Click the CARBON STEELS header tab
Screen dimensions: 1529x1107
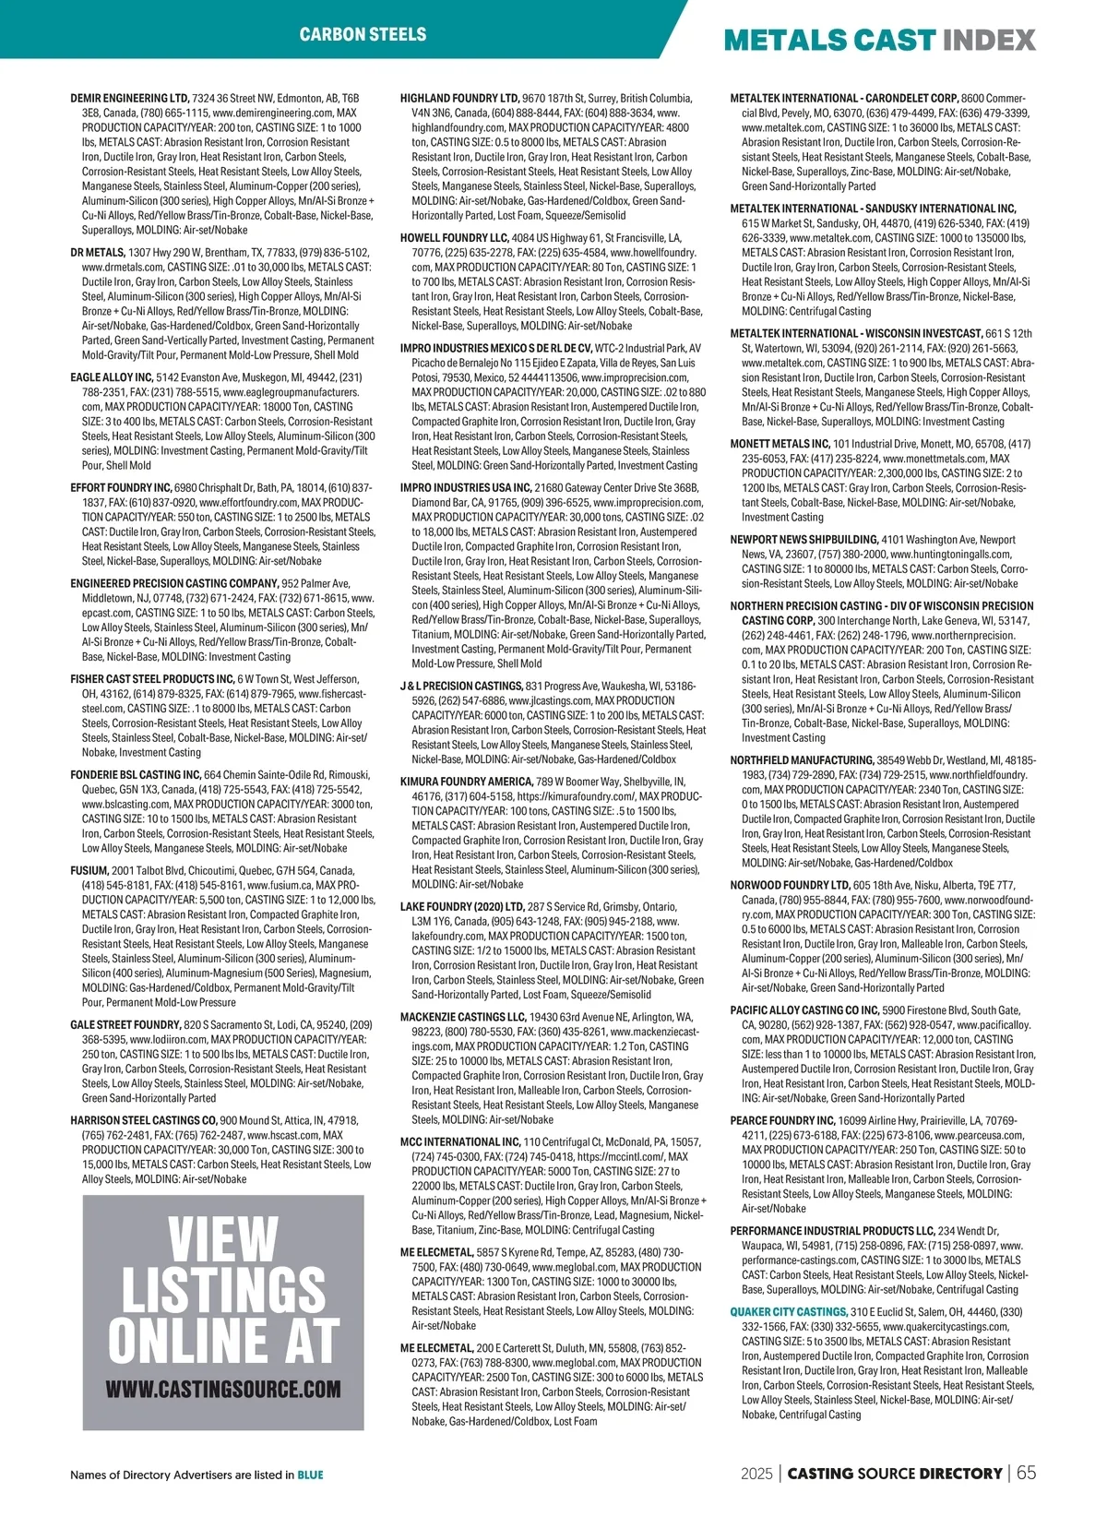click(363, 34)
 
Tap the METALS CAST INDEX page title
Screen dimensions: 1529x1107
click(879, 40)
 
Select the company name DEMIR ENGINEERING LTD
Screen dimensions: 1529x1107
click(130, 98)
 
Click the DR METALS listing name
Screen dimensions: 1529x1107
click(98, 252)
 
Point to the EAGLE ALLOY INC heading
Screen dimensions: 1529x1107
click(112, 377)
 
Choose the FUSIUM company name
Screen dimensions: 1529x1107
click(89, 870)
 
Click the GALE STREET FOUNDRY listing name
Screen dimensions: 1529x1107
click(125, 1024)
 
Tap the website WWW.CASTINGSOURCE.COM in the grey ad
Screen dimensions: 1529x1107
click(223, 1389)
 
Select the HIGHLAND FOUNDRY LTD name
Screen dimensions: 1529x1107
click(459, 98)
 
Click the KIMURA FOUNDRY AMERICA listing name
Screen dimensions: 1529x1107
click(467, 782)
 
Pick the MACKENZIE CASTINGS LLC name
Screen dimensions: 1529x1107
click(462, 1017)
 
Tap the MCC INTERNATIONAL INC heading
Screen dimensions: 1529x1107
click(460, 1141)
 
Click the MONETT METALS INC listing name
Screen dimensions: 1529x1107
click(780, 444)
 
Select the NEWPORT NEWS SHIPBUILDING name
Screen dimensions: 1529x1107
click(803, 539)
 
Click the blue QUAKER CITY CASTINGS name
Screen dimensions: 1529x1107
click(789, 1311)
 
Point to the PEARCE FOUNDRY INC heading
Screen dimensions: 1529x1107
click(782, 1120)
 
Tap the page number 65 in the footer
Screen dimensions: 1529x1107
click(1026, 1473)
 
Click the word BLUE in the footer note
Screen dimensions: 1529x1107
click(310, 1475)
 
